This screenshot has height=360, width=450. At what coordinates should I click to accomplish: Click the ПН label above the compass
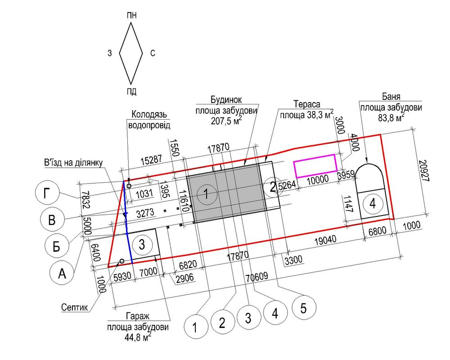coord(131,15)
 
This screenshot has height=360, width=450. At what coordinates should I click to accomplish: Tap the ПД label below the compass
coord(131,92)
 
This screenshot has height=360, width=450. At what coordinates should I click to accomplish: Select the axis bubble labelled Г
coord(46,194)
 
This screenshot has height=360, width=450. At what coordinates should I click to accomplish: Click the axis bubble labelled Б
coord(57,246)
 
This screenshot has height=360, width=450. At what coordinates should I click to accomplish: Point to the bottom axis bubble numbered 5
coord(304,308)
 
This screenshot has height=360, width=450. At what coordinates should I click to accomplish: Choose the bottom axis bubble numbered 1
coord(195,327)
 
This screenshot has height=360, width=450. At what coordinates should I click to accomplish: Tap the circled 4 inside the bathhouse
coord(373,204)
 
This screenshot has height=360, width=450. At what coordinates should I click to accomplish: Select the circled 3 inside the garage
coord(142,245)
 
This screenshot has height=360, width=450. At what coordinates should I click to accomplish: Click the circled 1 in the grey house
coord(206,194)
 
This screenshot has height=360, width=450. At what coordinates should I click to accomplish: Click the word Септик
coord(74,307)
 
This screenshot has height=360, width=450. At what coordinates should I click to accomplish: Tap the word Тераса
coord(306,103)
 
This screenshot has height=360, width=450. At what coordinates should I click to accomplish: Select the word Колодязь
coord(149,114)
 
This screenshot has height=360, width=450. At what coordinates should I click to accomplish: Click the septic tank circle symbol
coord(121,261)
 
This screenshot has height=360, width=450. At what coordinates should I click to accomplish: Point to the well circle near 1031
coord(129,186)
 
